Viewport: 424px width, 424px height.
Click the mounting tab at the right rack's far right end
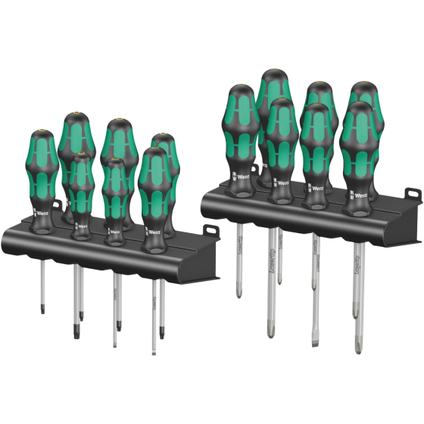pyautogui.click(x=413, y=195)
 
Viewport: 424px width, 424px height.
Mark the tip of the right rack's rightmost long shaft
pyautogui.click(x=359, y=351)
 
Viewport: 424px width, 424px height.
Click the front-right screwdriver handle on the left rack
pyautogui.click(x=154, y=193)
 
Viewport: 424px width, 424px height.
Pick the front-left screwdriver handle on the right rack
pyautogui.click(x=241, y=140)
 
